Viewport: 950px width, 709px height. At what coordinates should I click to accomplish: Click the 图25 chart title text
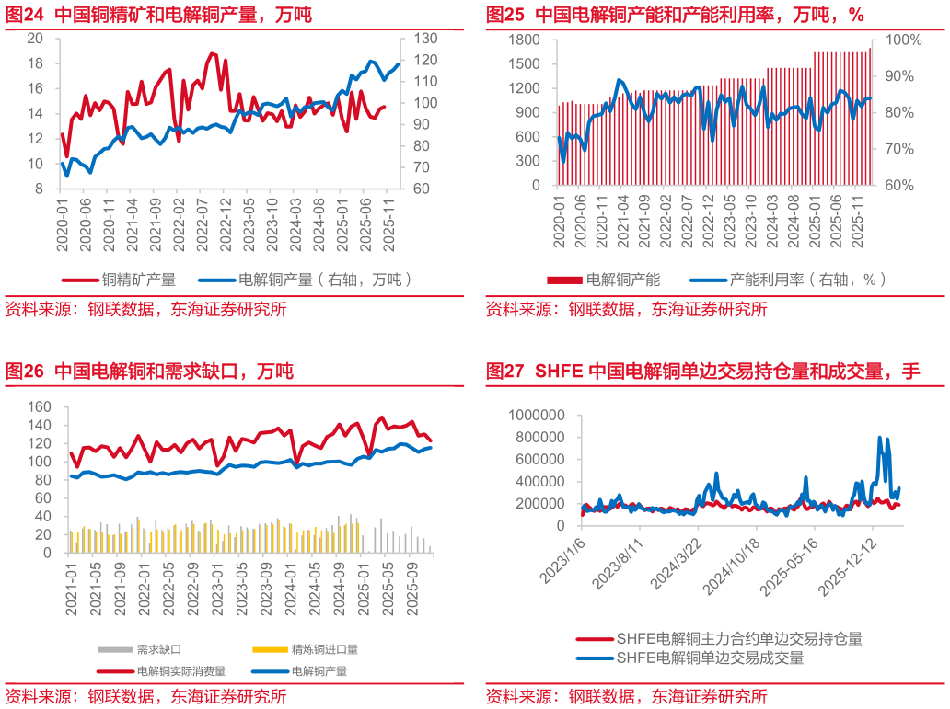click(x=675, y=15)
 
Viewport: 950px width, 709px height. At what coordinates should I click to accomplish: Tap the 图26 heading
click(x=149, y=372)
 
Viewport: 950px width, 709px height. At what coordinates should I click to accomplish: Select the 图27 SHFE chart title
click(x=702, y=372)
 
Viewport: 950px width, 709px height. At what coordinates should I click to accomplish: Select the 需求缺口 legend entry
click(x=159, y=648)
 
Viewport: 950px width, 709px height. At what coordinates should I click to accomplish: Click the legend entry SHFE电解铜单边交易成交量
click(x=710, y=658)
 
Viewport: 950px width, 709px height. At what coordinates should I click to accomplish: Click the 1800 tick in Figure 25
click(x=524, y=40)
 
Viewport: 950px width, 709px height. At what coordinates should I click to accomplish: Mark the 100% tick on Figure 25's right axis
click(x=903, y=40)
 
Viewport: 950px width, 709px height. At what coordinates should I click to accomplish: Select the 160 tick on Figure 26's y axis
click(x=38, y=406)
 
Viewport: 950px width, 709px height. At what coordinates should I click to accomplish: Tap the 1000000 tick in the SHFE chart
click(x=538, y=416)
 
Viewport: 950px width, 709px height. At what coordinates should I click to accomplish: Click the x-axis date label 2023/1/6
click(x=561, y=562)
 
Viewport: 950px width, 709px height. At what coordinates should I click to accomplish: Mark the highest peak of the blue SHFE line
click(x=880, y=438)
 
